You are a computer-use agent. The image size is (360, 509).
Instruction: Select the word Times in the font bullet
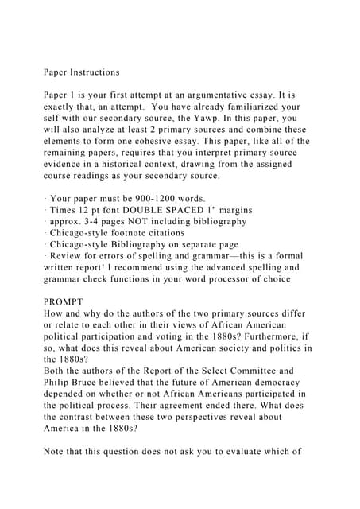pos(65,210)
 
